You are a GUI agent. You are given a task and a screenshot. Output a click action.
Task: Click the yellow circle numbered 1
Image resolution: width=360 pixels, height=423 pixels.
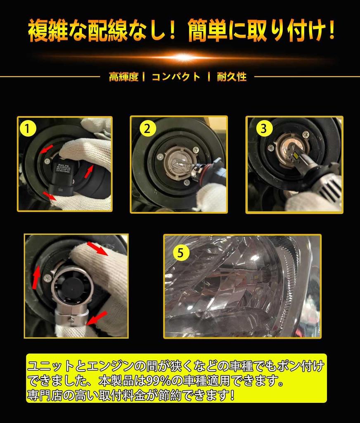click(x=27, y=129)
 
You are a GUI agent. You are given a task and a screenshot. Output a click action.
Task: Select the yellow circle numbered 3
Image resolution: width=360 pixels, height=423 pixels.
click(x=264, y=128)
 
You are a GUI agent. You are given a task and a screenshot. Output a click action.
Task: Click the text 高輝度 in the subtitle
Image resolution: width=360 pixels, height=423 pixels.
click(x=123, y=77)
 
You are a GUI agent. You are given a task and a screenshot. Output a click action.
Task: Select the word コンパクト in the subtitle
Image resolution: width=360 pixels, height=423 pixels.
click(x=176, y=77)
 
